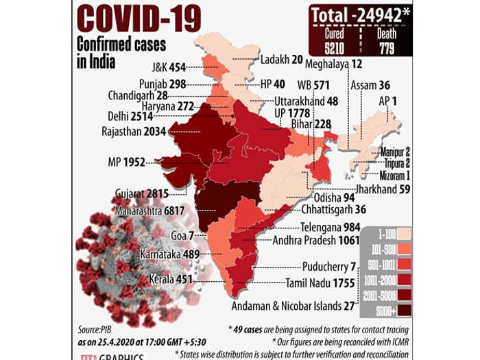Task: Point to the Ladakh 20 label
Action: pyautogui.click(x=282, y=60)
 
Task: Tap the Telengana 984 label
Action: pyautogui.click(x=330, y=227)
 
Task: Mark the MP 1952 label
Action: pyautogui.click(x=129, y=163)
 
